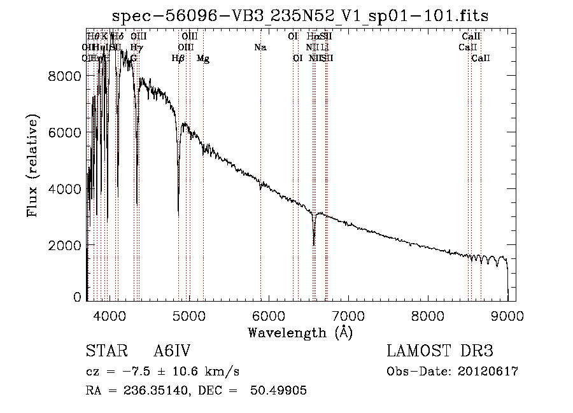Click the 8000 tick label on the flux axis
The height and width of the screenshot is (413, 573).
coord(66,76)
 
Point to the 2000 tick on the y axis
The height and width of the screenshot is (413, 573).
coord(66,245)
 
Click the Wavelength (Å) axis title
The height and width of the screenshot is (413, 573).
coord(300,332)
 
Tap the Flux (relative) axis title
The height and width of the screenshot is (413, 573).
coord(32,165)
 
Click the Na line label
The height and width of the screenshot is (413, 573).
coord(260,47)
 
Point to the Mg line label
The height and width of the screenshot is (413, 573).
coord(203,59)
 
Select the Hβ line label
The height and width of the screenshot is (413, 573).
coord(178,59)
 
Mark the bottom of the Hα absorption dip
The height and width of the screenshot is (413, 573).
coord(314,244)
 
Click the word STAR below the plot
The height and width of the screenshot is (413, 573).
coord(104,352)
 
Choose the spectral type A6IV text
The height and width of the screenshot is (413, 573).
coord(172,352)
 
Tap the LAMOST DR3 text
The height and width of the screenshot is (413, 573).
coord(439,352)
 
